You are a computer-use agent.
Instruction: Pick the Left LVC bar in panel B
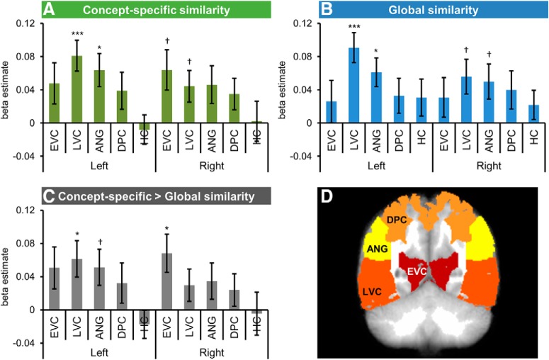(x=352, y=85)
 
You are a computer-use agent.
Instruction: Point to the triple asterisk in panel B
(x=352, y=28)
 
